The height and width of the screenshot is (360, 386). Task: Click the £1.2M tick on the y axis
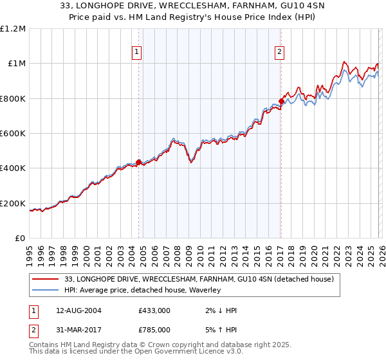[13, 28]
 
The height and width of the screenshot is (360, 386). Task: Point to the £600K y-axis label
[13, 133]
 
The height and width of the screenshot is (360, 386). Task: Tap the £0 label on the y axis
[20, 238]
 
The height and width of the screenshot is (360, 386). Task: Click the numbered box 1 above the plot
[138, 53]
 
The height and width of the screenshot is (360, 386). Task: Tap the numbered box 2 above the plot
[280, 53]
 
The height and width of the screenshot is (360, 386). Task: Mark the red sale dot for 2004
[138, 162]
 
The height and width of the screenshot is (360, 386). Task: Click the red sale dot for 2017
[281, 101]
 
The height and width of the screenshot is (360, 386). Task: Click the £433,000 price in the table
[154, 310]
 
